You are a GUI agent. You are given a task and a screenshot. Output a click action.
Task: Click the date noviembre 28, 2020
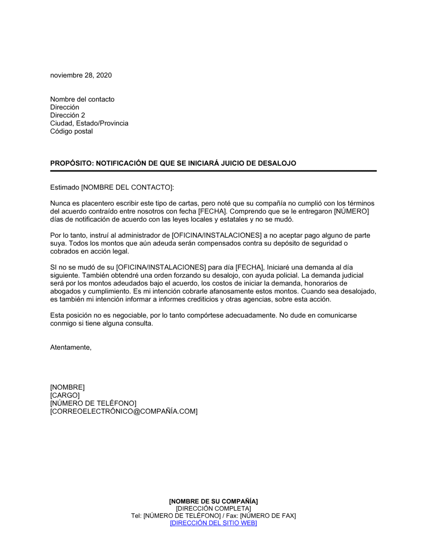(81, 75)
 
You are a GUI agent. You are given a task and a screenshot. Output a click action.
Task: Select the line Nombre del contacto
(82, 99)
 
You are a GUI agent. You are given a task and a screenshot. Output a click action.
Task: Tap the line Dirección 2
(67, 115)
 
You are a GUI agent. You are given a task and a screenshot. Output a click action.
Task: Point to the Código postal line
(71, 131)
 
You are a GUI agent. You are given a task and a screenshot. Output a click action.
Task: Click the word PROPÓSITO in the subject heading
(70, 163)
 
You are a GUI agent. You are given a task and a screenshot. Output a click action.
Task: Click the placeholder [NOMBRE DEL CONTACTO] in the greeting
(127, 187)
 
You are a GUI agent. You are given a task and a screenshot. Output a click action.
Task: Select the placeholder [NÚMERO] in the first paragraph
(351, 211)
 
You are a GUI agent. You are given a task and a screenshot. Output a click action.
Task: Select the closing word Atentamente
(71, 347)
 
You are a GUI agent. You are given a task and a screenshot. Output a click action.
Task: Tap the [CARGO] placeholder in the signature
(65, 395)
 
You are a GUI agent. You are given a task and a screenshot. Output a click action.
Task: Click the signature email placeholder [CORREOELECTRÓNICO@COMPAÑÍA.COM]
(124, 411)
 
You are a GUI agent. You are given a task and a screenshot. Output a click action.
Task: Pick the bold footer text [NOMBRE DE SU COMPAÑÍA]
(213, 501)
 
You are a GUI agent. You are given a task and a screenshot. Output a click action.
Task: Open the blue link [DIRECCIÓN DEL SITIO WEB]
(213, 523)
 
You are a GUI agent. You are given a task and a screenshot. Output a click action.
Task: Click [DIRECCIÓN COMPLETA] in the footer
(213, 508)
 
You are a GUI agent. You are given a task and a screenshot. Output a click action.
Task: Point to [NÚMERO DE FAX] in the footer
(268, 516)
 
